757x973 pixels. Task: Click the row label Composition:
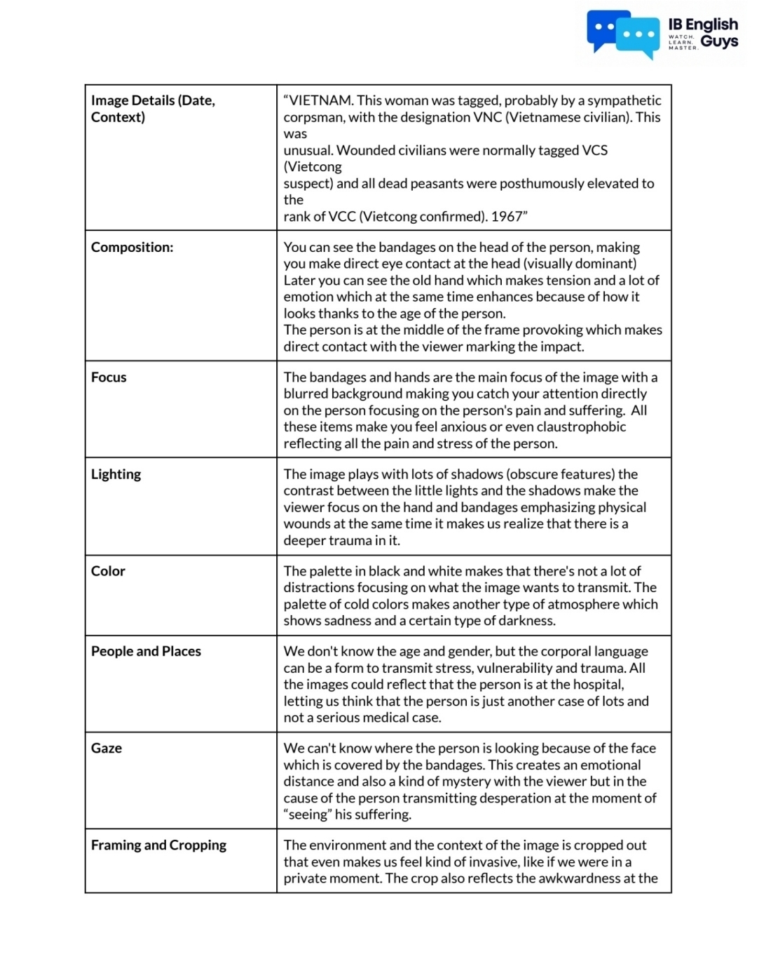pos(132,247)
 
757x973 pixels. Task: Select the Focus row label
pos(109,377)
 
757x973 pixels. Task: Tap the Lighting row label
pos(116,474)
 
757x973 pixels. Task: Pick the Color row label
pos(108,571)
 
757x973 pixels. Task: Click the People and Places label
pos(146,651)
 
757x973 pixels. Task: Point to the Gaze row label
pos(107,748)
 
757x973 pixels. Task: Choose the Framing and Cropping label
pos(158,845)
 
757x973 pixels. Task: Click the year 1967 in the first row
pos(507,216)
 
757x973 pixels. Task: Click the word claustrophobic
pos(582,427)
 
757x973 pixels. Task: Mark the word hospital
pos(594,684)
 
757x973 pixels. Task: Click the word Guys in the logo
pos(719,41)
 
